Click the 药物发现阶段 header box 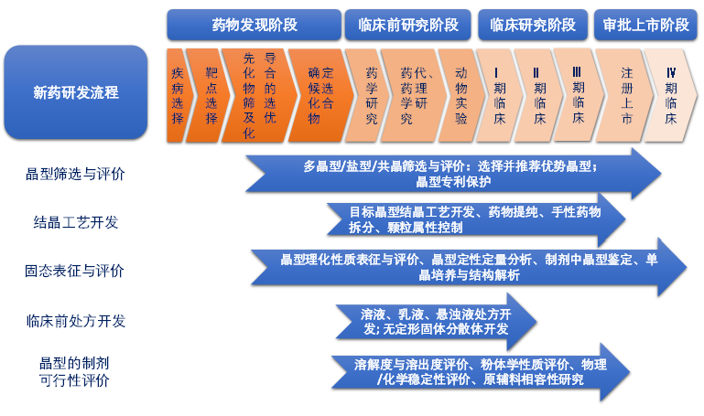(x=254, y=25)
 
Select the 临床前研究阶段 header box (x=408, y=25)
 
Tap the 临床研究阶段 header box (x=533, y=25)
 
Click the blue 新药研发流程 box (x=76, y=92)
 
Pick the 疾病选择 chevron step (x=178, y=94)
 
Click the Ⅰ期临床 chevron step (x=500, y=94)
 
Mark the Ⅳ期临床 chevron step (x=671, y=94)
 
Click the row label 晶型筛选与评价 (x=75, y=174)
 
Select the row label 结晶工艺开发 (x=76, y=222)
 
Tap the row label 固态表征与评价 (x=75, y=271)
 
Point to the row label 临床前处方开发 (x=76, y=320)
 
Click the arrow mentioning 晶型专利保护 (x=449, y=174)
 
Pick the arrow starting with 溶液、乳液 (x=430, y=320)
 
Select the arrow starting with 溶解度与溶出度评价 (x=476, y=371)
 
